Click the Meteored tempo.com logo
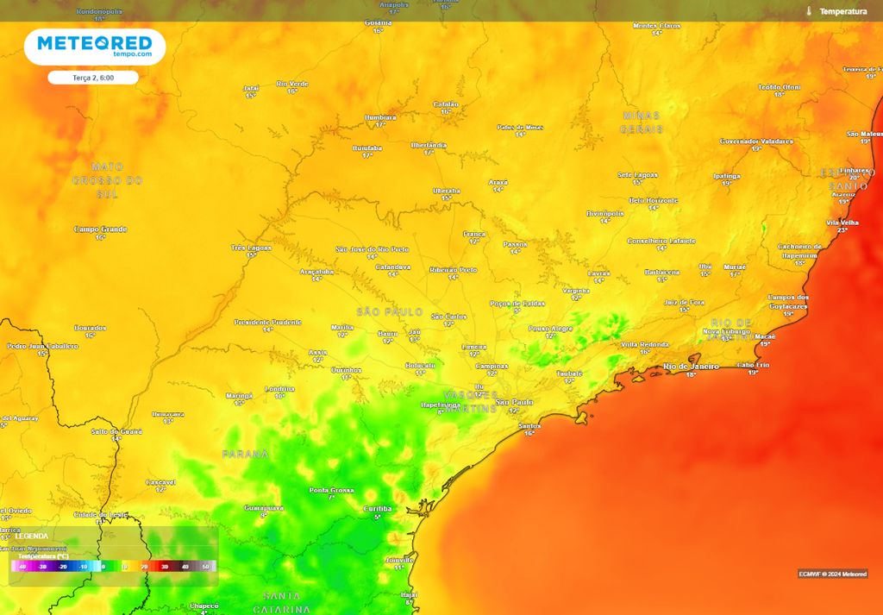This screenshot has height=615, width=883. [x=94, y=47]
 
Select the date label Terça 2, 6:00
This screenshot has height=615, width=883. [x=93, y=78]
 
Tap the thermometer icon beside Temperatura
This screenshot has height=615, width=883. [x=809, y=11]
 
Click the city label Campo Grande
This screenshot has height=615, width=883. [x=101, y=229]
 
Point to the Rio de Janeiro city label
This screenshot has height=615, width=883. [x=691, y=367]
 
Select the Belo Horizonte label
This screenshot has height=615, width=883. [x=653, y=200]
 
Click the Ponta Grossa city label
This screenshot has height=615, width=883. [x=331, y=490]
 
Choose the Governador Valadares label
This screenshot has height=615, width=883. [x=755, y=141]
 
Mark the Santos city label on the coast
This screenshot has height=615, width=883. [x=529, y=426]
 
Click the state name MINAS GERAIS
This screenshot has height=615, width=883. [x=641, y=122]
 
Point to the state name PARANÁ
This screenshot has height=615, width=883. [x=245, y=454]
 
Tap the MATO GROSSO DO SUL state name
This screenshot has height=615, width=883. [x=107, y=180]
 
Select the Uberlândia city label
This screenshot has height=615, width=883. [x=429, y=145]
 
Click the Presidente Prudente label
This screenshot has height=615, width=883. [x=267, y=322]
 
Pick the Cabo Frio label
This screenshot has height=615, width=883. [x=753, y=365]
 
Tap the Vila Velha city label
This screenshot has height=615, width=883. [x=842, y=223]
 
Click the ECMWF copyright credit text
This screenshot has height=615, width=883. [x=832, y=574]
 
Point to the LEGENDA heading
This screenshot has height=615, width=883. [x=32, y=536]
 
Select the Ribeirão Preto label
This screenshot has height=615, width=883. [x=453, y=270]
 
